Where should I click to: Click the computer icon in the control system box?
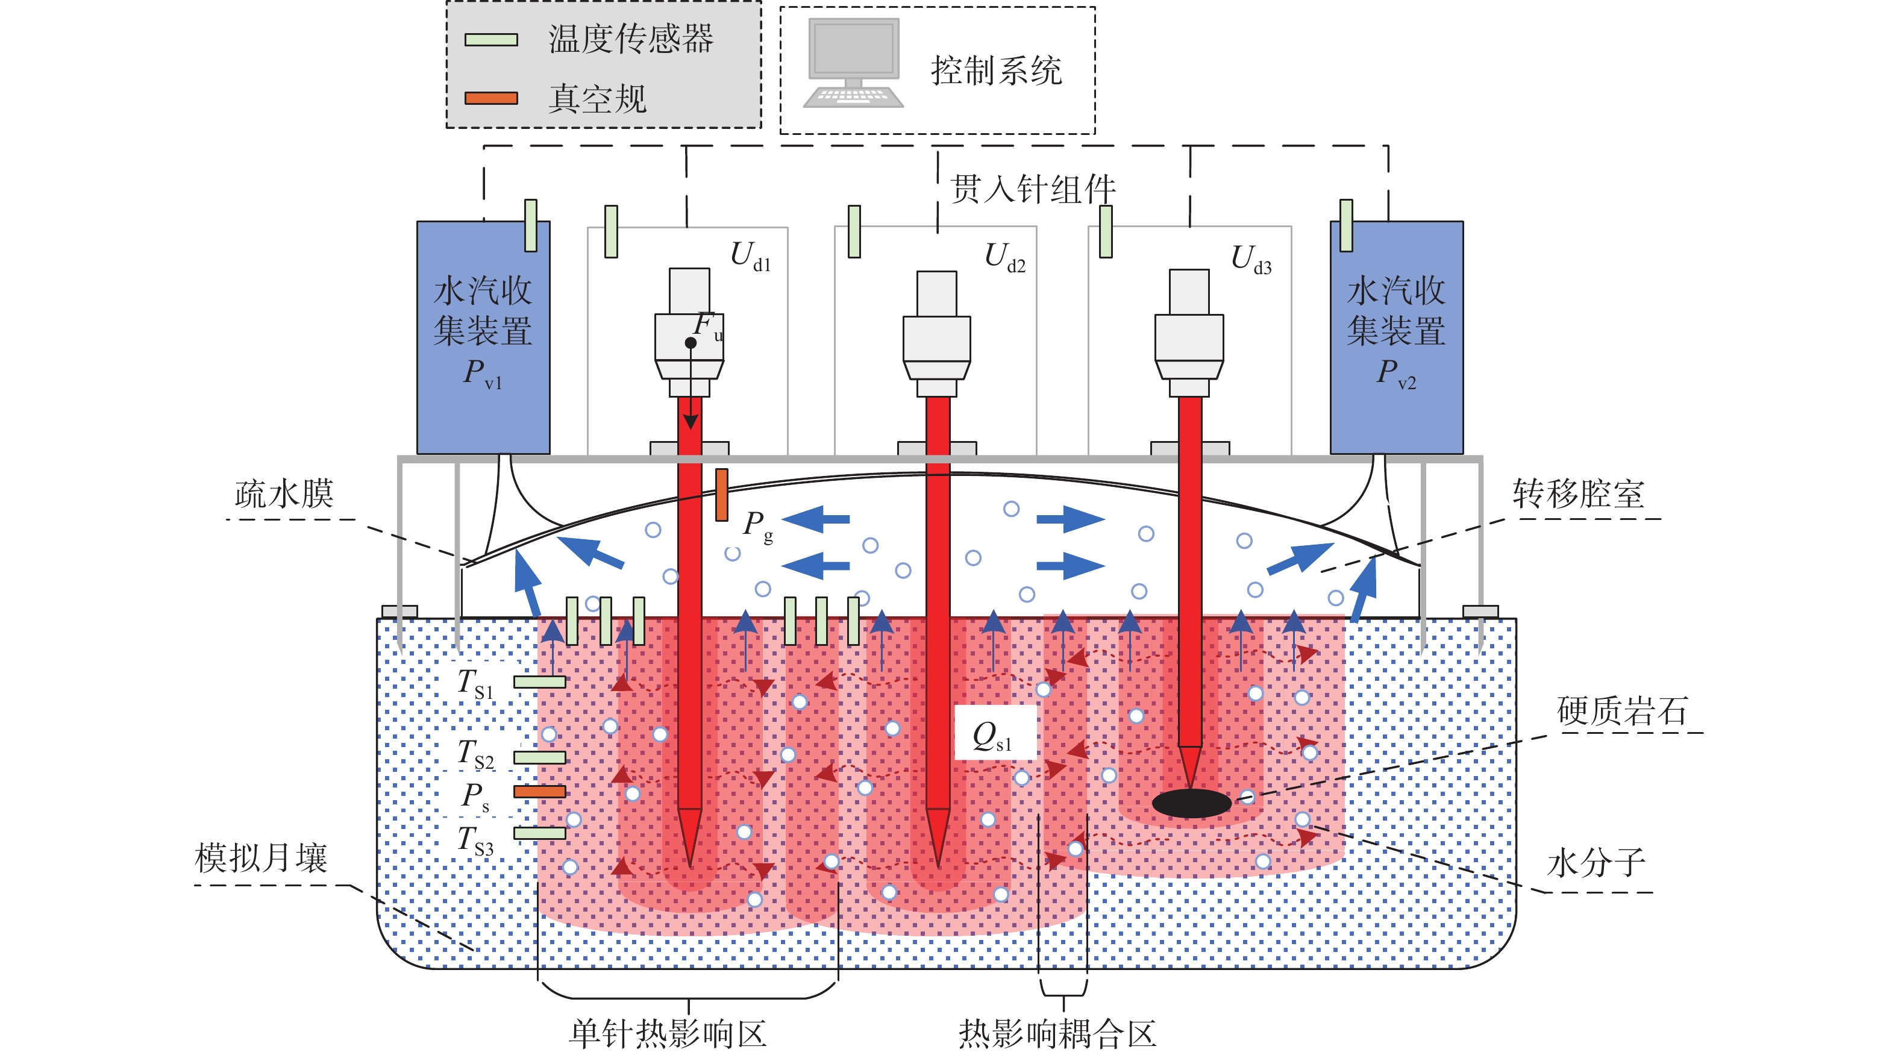point(853,63)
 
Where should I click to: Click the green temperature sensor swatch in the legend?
point(490,40)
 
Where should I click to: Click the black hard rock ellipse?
point(1191,803)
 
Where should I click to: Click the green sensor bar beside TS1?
point(539,682)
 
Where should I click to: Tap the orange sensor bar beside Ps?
point(539,791)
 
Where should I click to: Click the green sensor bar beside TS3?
point(539,833)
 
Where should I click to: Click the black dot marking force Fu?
point(691,343)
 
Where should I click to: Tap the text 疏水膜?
point(284,493)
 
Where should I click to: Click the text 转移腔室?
point(1577,493)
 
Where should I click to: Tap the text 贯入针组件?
point(1032,189)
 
